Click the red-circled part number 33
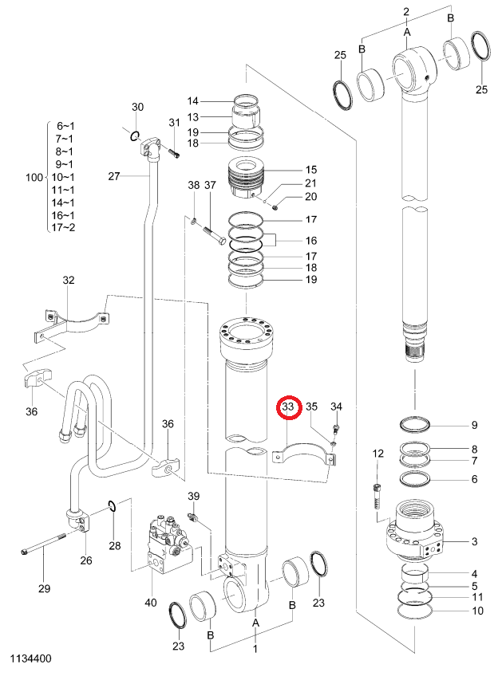(288, 407)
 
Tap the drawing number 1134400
(30, 658)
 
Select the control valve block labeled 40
(168, 543)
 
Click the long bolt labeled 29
(43, 544)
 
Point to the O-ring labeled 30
(135, 136)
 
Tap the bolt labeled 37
(212, 235)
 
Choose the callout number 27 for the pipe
(113, 176)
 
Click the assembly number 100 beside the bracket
(34, 177)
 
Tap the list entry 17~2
(63, 227)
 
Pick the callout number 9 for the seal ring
(474, 425)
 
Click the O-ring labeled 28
(111, 505)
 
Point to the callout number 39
(194, 496)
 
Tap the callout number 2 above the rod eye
(406, 12)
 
